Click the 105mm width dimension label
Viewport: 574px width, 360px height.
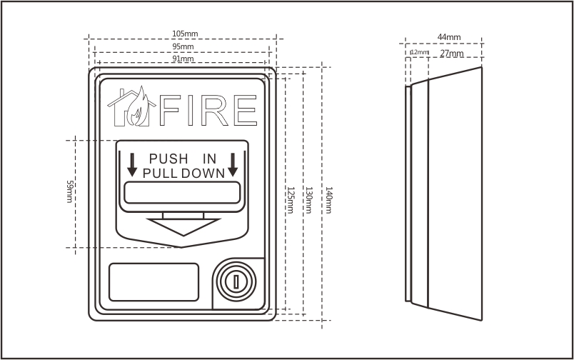(x=185, y=34)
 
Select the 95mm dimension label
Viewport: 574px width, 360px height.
(x=183, y=46)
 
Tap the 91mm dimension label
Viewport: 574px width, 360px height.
(x=183, y=59)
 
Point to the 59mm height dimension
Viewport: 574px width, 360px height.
(x=69, y=191)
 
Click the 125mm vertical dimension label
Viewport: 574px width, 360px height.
(x=290, y=200)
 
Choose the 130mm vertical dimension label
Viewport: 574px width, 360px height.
(x=309, y=200)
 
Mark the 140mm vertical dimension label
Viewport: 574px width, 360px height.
(x=328, y=200)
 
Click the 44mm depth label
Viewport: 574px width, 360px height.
(x=449, y=37)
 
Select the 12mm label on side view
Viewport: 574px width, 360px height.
(x=420, y=52)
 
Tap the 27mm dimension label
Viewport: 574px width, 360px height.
(x=452, y=54)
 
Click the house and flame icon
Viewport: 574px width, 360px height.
(x=131, y=106)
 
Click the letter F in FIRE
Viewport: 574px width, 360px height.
(x=170, y=110)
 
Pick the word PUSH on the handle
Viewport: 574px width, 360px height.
(x=168, y=159)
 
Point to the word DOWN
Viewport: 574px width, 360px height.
(x=203, y=174)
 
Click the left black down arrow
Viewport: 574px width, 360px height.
(x=132, y=165)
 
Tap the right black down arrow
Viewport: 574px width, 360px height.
(x=233, y=165)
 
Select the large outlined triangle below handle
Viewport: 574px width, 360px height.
(x=183, y=224)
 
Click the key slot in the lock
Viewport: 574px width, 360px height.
(x=236, y=282)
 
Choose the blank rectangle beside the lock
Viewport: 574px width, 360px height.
(x=153, y=282)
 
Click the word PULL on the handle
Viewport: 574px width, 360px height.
(x=161, y=174)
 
